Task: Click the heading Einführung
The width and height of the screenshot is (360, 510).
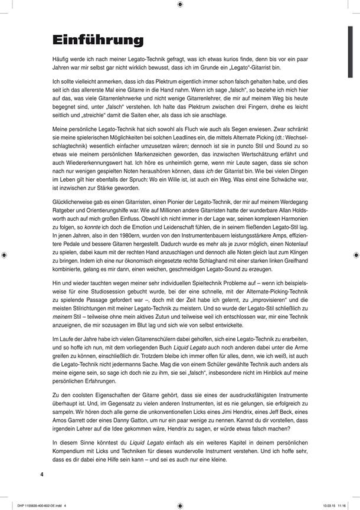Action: coord(97,40)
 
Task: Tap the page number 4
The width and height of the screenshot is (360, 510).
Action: coord(42,474)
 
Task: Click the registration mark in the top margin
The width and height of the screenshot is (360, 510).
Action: coord(179,5)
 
